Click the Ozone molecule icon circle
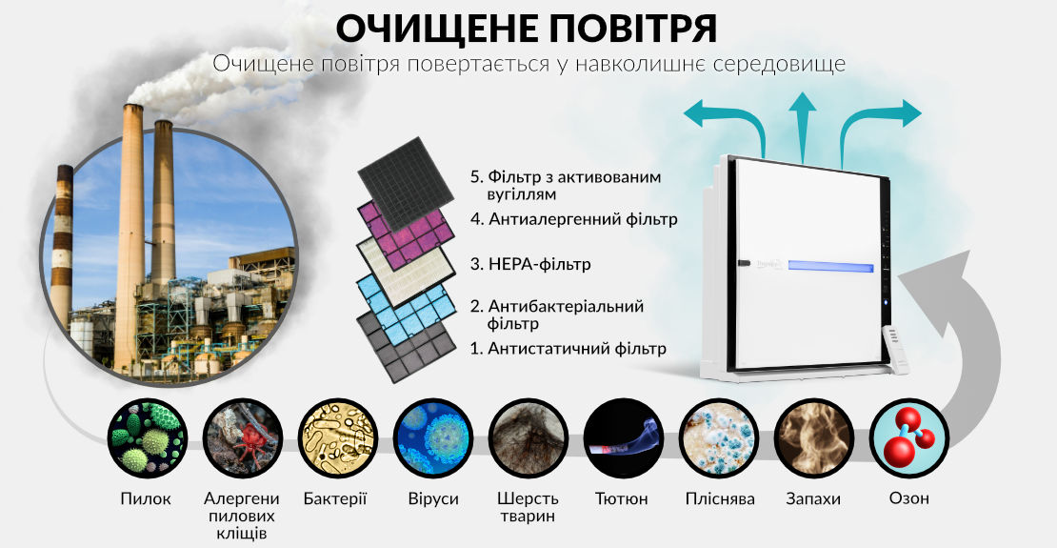[x=909, y=438]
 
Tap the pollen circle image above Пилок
[x=148, y=438]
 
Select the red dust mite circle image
[x=243, y=438]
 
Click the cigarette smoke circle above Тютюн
[x=624, y=438]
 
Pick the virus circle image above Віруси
[x=433, y=438]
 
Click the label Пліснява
[x=720, y=499]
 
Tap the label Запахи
[x=813, y=499]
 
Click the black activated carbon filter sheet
[x=406, y=183]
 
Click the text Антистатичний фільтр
[x=568, y=349]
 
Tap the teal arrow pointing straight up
[x=802, y=129]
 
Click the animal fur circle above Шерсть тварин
[x=528, y=438]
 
